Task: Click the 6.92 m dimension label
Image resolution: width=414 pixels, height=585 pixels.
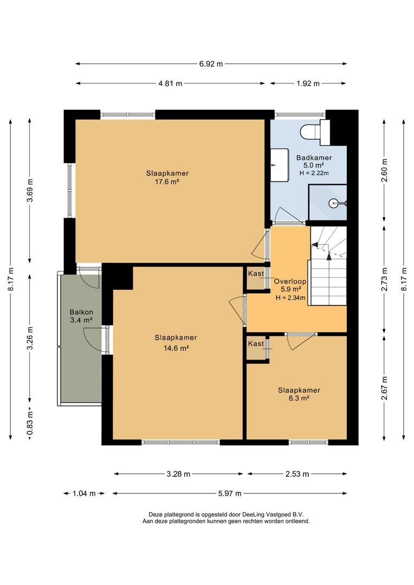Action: click(211, 64)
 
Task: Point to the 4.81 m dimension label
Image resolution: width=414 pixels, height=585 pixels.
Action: click(170, 83)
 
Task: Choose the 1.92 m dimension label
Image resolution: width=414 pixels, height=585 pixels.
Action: click(308, 83)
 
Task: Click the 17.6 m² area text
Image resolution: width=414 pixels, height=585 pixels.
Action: click(167, 182)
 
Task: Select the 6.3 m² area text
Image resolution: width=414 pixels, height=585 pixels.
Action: click(299, 398)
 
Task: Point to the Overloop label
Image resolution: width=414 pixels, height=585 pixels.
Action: click(290, 282)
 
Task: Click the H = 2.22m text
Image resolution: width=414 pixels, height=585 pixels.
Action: click(314, 173)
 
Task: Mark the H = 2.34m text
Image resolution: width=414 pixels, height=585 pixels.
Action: click(290, 297)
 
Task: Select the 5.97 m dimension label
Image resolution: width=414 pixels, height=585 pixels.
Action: click(230, 493)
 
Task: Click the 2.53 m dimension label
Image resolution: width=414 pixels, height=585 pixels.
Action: click(297, 474)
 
